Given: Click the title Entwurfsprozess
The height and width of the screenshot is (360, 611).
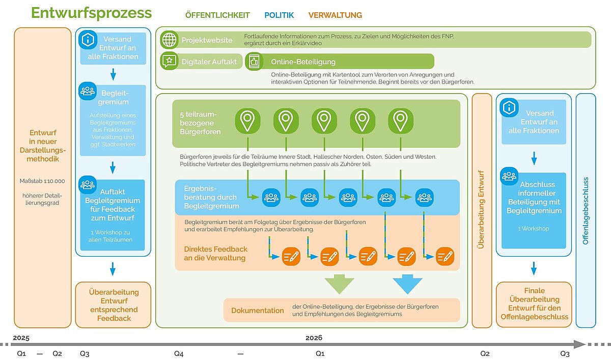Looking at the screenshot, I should [91, 13].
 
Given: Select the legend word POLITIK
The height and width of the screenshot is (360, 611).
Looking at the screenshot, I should [279, 15].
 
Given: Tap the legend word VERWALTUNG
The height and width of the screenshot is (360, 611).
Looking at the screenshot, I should [335, 15].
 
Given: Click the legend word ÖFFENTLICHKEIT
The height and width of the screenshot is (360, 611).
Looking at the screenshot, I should [217, 15].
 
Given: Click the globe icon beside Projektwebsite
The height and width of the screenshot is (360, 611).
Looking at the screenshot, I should [169, 40].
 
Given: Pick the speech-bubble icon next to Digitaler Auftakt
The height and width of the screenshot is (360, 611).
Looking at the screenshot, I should [169, 62].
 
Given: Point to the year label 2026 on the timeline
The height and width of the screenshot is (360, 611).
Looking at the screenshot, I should [314, 338].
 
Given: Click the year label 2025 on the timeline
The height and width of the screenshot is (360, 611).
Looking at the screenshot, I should [21, 338].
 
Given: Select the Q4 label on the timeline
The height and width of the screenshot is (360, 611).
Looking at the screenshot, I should [179, 353].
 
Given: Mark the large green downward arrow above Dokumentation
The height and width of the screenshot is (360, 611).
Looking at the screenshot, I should [339, 284].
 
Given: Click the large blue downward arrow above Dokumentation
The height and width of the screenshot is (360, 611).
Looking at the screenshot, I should [407, 284].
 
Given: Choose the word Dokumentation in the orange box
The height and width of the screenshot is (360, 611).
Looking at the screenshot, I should [258, 311].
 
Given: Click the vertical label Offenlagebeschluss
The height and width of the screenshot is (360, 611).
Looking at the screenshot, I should [585, 210].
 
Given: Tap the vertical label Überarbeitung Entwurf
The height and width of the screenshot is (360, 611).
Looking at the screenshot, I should [482, 210].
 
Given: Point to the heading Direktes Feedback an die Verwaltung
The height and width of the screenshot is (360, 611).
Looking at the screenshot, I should [216, 254].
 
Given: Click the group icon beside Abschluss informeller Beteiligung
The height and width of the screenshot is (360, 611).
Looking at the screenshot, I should [509, 176].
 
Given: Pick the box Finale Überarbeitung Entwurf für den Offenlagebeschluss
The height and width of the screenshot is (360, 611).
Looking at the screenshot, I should [534, 304].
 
